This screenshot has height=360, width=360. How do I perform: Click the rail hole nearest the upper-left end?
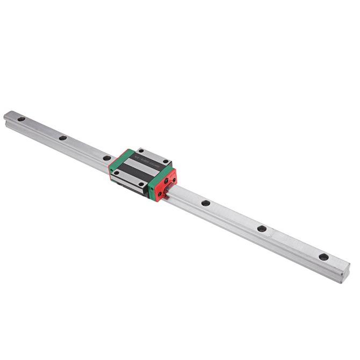(21, 118)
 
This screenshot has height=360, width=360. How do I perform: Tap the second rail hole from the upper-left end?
(63, 138)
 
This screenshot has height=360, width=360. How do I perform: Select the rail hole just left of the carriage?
(107, 158)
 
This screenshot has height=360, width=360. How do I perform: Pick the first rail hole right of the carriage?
(205, 203)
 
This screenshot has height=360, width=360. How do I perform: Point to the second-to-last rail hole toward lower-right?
(262, 228)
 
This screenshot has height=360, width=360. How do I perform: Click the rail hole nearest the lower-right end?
(323, 257)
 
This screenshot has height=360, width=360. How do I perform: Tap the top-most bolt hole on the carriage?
(141, 151)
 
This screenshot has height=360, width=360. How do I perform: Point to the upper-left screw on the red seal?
(165, 180)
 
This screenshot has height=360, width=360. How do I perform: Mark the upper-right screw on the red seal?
(174, 175)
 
